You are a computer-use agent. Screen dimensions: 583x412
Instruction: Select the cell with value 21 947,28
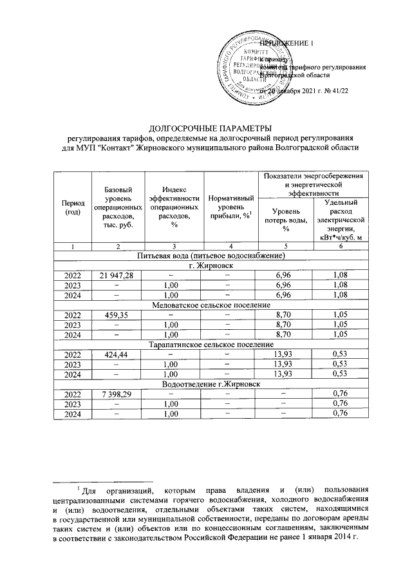[x=117, y=276]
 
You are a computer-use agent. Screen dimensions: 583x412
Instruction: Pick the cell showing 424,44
[x=117, y=354]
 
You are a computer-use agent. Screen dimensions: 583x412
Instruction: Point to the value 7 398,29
[x=117, y=394]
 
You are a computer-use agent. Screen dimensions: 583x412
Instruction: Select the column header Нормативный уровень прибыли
[x=230, y=207]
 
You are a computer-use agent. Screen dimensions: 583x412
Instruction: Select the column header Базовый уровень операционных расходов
[x=117, y=207]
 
